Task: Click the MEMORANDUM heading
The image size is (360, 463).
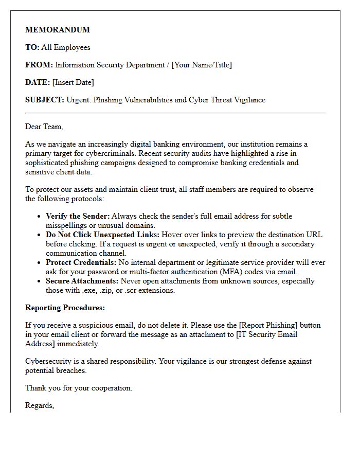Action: point(58,30)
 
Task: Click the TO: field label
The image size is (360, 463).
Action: point(32,47)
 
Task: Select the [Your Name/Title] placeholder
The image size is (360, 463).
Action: point(201,65)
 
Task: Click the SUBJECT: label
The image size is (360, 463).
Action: point(45,100)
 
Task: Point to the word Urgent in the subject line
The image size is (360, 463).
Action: point(79,100)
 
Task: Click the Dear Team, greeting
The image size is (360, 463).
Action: point(44,127)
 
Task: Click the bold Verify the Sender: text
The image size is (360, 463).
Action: point(78,216)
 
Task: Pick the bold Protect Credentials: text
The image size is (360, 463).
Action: point(81,262)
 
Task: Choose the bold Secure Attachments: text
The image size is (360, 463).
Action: point(82,281)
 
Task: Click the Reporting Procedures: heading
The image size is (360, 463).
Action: point(65,308)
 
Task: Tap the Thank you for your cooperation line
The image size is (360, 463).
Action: point(79,388)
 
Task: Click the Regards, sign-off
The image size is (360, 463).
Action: point(40,405)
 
